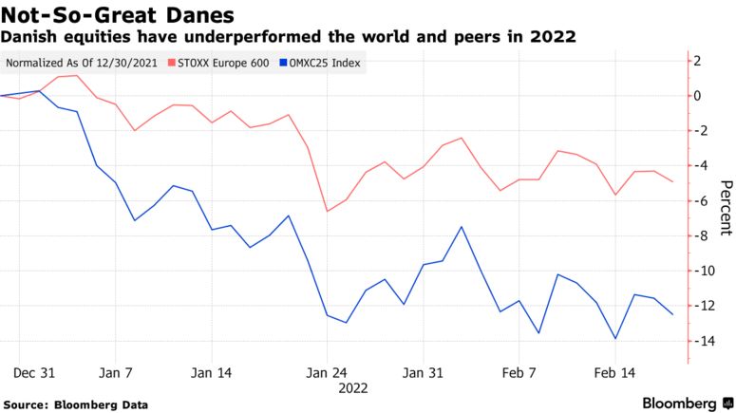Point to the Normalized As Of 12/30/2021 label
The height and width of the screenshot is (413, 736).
(x=82, y=64)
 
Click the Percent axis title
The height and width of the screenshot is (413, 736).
(x=725, y=207)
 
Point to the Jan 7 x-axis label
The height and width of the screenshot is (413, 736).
(x=116, y=372)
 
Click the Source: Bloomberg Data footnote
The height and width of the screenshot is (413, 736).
(x=76, y=404)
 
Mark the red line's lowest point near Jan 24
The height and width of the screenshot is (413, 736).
(x=327, y=211)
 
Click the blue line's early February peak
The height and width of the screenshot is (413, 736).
(x=462, y=227)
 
